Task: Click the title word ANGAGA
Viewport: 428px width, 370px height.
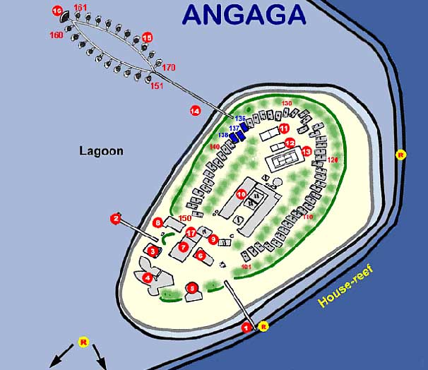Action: pos(244,13)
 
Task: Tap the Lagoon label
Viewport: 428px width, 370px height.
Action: pos(101,151)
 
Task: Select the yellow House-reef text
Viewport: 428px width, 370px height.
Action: pos(346,285)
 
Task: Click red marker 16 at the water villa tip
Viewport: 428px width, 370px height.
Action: pos(57,10)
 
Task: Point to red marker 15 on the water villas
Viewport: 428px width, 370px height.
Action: pos(147,37)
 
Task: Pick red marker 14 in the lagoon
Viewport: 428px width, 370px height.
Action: pos(196,110)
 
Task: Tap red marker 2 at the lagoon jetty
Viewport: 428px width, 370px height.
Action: pos(115,219)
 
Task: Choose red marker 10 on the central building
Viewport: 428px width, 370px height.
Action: pos(241,193)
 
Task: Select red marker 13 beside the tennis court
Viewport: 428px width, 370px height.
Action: pos(306,151)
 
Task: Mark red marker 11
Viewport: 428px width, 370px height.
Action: pos(284,129)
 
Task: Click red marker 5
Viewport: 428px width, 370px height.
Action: pos(191,287)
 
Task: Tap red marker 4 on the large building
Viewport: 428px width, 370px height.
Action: pos(148,277)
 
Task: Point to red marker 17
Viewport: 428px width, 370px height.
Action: pos(190,233)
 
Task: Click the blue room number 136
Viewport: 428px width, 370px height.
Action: pos(240,118)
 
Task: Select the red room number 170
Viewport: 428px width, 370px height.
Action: pos(169,68)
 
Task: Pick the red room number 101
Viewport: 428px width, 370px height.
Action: pos(246,267)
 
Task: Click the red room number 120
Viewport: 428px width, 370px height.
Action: pos(333,160)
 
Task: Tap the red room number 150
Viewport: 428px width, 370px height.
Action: pos(185,218)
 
